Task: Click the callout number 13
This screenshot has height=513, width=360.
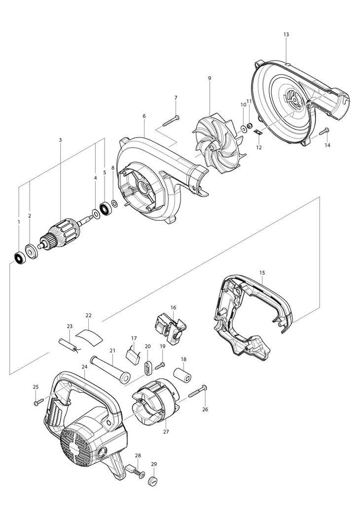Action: (x=286, y=34)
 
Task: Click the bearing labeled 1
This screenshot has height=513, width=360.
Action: (x=19, y=257)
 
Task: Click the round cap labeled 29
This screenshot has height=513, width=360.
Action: (x=153, y=481)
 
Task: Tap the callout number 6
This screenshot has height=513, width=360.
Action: (x=144, y=116)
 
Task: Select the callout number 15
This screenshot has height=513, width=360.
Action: (x=262, y=273)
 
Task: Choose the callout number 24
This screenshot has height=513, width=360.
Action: (x=84, y=367)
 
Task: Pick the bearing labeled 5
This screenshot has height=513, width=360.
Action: (x=105, y=209)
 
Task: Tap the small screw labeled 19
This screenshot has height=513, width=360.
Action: (x=160, y=366)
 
